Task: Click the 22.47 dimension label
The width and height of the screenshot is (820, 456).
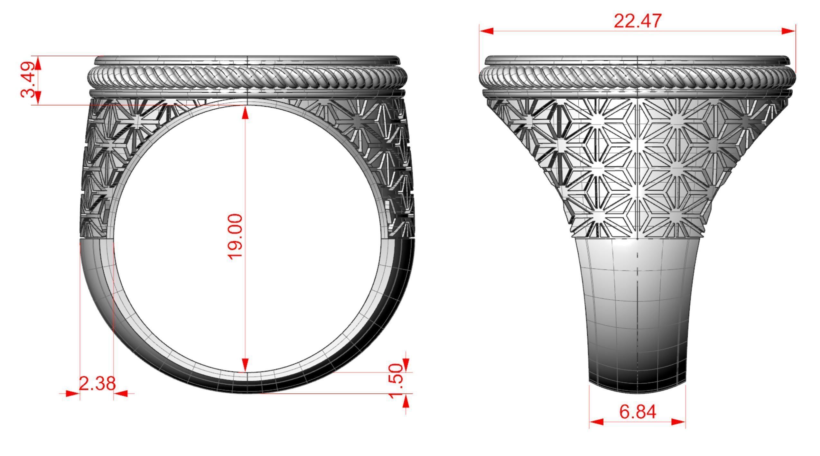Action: pos(638,21)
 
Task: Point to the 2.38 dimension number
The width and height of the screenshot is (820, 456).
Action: pos(97,383)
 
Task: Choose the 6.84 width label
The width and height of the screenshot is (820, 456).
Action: pos(638,412)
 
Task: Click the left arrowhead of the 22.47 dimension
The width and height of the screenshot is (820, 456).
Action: pos(487,31)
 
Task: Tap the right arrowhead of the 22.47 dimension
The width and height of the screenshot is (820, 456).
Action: pos(788,31)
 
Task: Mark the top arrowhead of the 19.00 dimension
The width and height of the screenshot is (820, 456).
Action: pos(246,113)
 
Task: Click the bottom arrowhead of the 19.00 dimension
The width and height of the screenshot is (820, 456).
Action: pos(246,365)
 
